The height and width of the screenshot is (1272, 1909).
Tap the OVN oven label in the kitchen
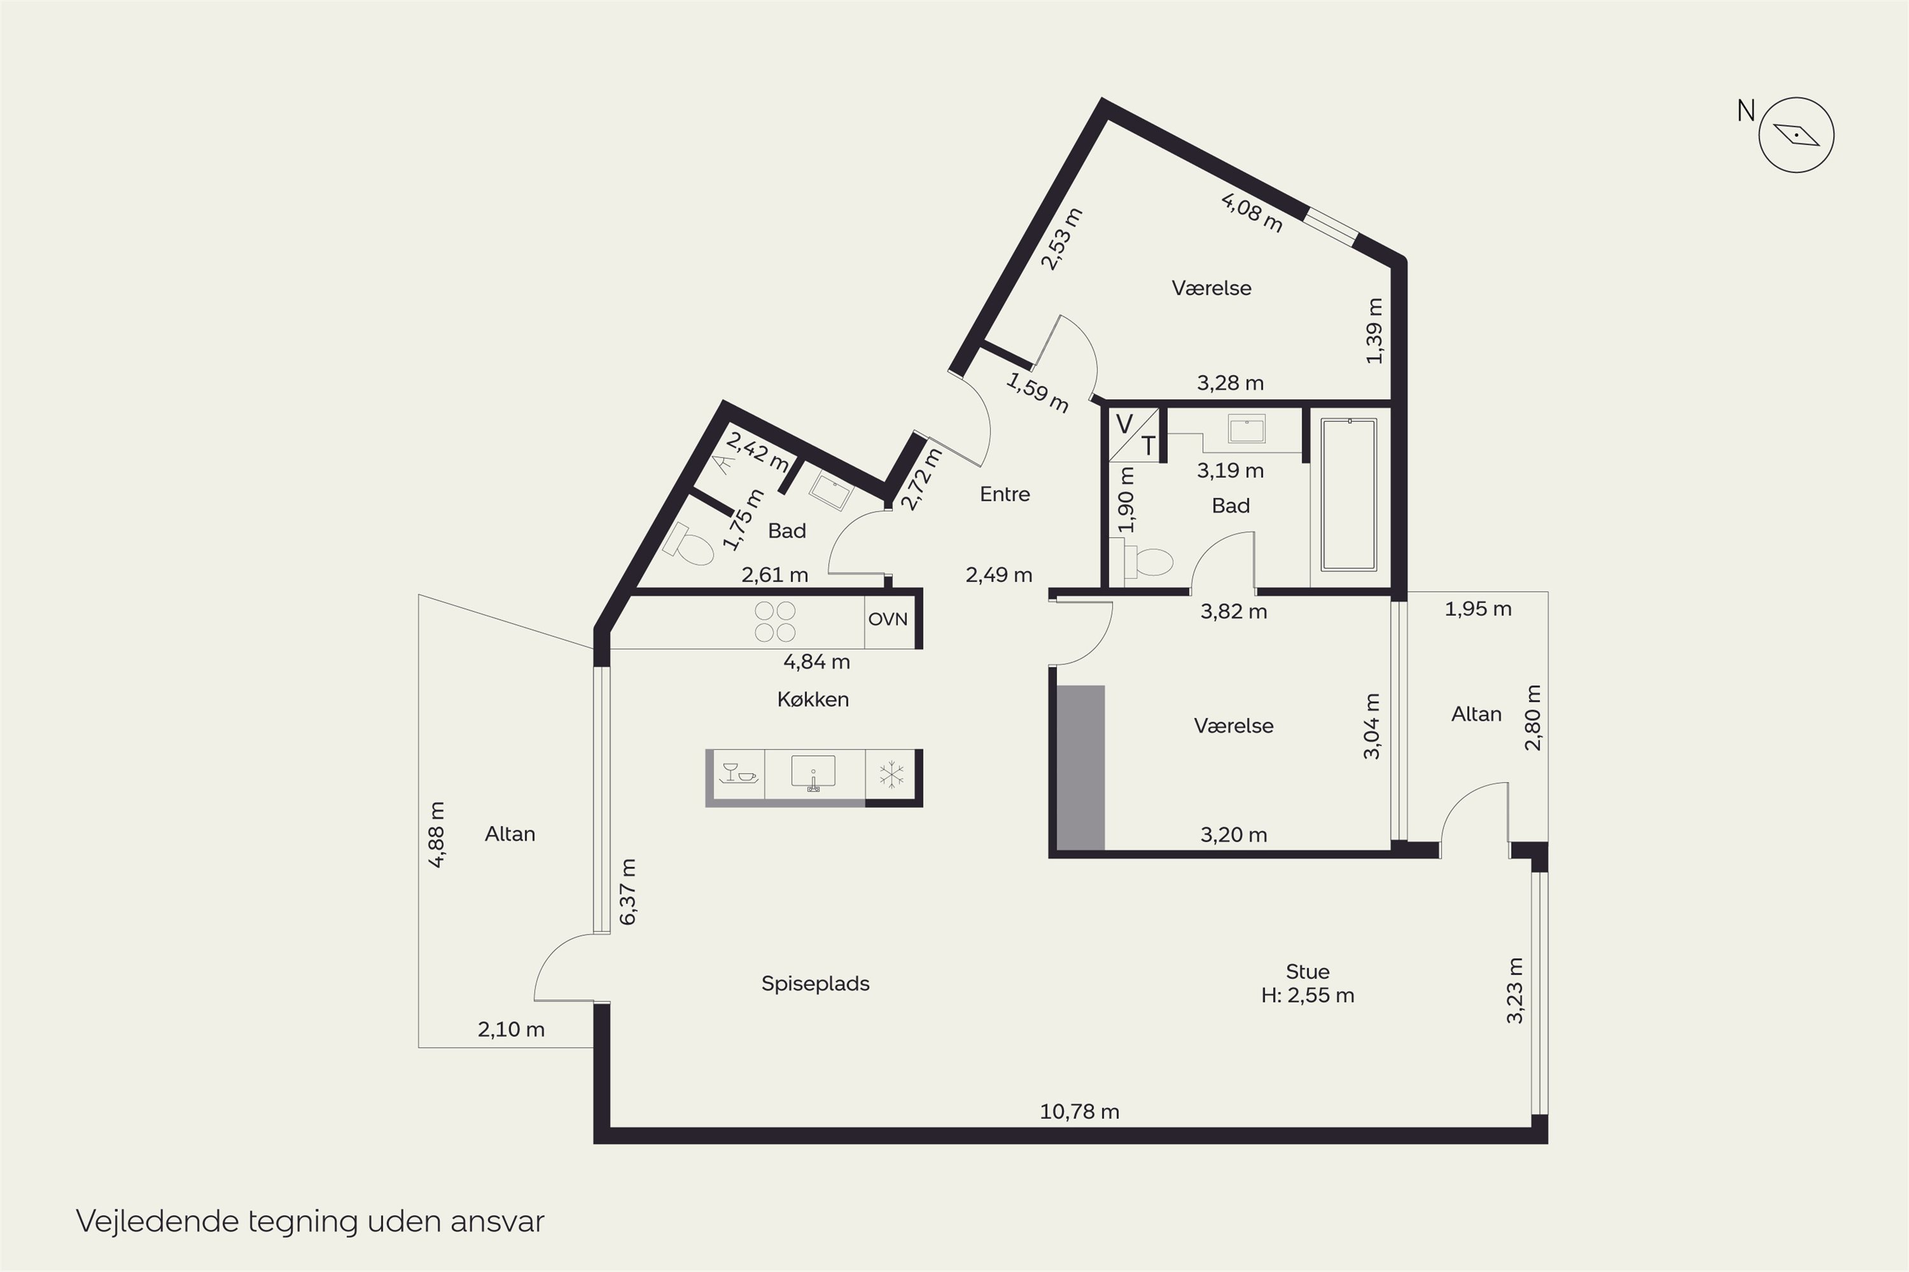tap(887, 619)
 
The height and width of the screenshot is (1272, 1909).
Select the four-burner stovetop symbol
tap(775, 621)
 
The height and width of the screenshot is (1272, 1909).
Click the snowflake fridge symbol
tap(892, 775)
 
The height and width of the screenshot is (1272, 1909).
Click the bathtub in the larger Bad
tap(1349, 495)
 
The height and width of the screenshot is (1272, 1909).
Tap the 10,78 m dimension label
tap(1079, 1111)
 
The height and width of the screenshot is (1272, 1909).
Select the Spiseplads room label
tap(815, 984)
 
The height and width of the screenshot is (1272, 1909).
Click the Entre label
tap(1005, 494)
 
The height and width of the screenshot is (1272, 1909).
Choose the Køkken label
tap(813, 699)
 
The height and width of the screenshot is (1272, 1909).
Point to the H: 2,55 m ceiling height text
tap(1308, 995)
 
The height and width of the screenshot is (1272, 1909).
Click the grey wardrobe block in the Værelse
tap(1080, 768)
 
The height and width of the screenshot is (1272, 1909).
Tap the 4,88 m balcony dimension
tap(437, 834)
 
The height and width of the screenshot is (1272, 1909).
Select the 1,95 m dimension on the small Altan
tap(1478, 609)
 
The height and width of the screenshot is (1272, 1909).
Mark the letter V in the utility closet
tap(1124, 424)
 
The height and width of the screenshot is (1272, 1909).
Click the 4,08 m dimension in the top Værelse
tap(1252, 212)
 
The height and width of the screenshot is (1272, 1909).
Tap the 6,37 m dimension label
tap(628, 892)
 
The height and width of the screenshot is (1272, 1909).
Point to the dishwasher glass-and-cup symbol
tap(739, 773)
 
